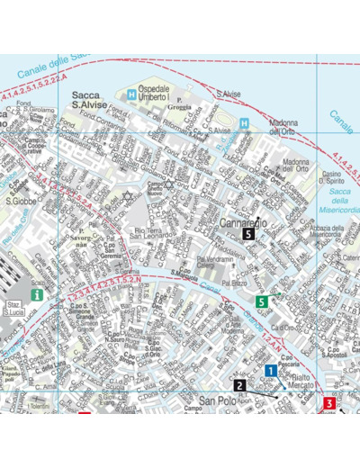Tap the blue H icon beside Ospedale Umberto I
click(x=132, y=94)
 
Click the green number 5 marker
click(x=262, y=301)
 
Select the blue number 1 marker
click(x=271, y=370)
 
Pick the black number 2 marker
click(x=238, y=386)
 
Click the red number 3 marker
click(x=329, y=403)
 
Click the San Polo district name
click(x=217, y=400)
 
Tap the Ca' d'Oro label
click(x=288, y=297)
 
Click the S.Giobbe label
click(x=20, y=202)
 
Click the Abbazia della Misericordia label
click(x=325, y=233)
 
